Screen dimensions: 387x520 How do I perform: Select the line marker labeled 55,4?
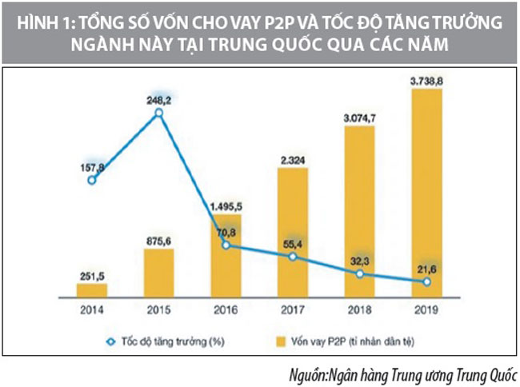tap(293, 257)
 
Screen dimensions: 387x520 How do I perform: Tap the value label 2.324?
tap(293, 160)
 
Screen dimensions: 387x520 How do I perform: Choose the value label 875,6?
tap(158, 236)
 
